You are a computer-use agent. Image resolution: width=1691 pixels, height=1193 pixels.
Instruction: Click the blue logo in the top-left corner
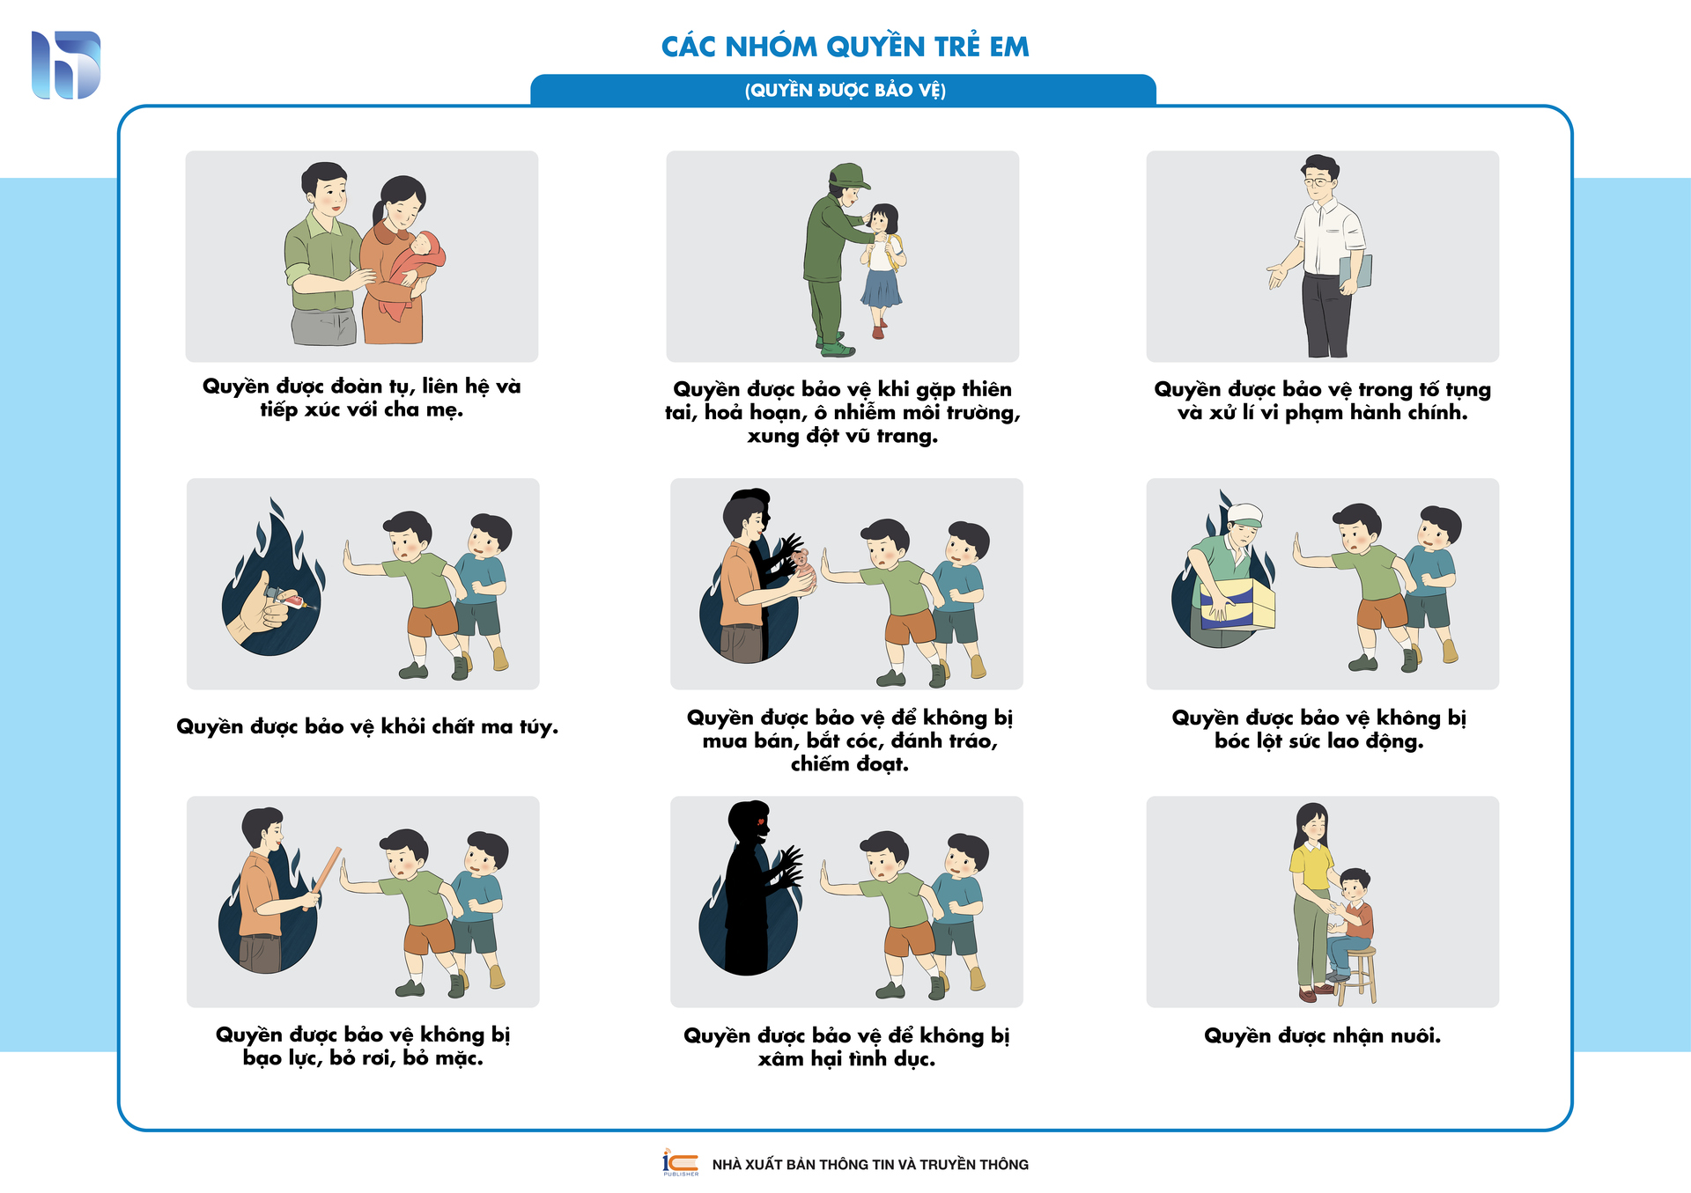[x=66, y=65]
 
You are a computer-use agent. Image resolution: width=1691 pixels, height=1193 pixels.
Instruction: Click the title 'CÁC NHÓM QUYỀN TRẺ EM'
[x=845, y=47]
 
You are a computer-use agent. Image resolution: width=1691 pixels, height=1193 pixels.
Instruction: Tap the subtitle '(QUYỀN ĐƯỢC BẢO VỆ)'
[x=845, y=91]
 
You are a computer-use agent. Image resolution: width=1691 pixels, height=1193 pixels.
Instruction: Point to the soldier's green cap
[x=848, y=175]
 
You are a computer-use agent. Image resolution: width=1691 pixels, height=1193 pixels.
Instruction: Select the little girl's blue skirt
[x=882, y=288]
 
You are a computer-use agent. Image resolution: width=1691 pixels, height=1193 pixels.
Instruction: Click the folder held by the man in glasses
[x=1355, y=273]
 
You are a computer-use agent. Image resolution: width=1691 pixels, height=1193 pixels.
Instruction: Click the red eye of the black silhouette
[x=757, y=822]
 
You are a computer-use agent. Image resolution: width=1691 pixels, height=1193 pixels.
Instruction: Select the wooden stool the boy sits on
[x=1355, y=975]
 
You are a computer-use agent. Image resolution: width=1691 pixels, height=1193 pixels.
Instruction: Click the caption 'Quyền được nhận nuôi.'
[x=1322, y=1036]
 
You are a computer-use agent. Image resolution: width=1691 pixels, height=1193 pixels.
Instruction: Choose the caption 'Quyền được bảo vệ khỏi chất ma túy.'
[x=367, y=727]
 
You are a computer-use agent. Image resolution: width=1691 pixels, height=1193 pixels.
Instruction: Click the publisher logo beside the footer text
[x=680, y=1162]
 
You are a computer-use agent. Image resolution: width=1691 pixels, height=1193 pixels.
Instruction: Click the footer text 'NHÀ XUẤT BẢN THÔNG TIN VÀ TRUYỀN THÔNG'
[x=870, y=1165]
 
